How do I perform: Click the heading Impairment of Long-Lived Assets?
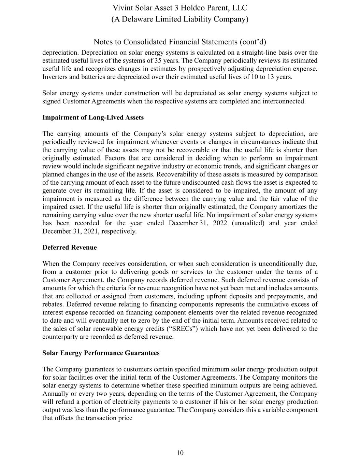coord(93,117)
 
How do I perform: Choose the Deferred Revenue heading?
coord(69,248)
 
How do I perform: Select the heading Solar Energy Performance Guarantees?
coord(101,353)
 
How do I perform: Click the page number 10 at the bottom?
coord(180,453)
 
